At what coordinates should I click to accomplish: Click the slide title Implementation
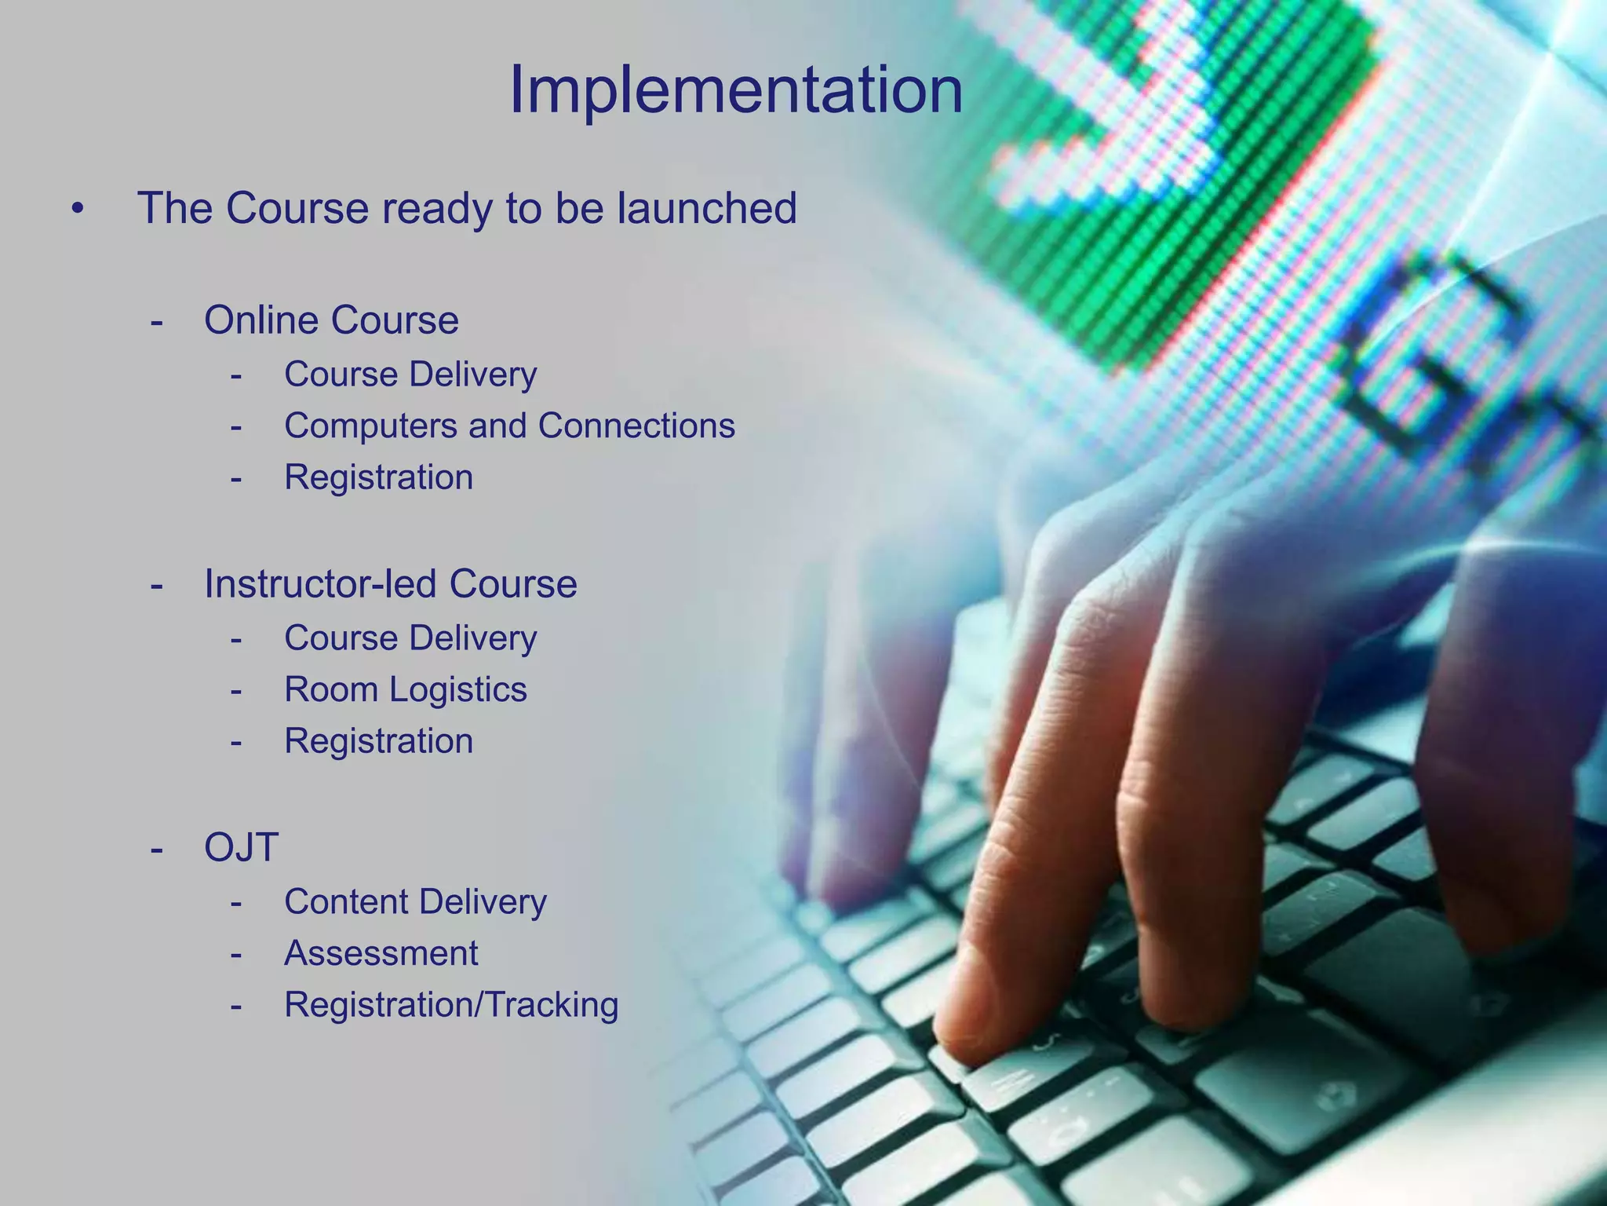(x=735, y=90)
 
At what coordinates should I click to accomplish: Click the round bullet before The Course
(x=77, y=210)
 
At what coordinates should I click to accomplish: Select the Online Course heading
(x=331, y=320)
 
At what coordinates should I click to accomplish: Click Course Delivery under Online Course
(x=410, y=375)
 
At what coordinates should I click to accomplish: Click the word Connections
(x=636, y=426)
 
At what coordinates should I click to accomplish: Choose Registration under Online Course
(x=378, y=477)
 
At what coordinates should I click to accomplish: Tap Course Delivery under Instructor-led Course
(x=410, y=638)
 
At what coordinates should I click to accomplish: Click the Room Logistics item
(x=405, y=690)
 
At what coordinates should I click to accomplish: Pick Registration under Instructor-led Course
(x=378, y=741)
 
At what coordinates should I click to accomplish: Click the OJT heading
(x=241, y=848)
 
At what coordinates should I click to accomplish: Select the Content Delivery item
(x=415, y=902)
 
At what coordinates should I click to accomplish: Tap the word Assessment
(x=381, y=954)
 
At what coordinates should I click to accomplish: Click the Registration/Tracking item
(x=451, y=1005)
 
